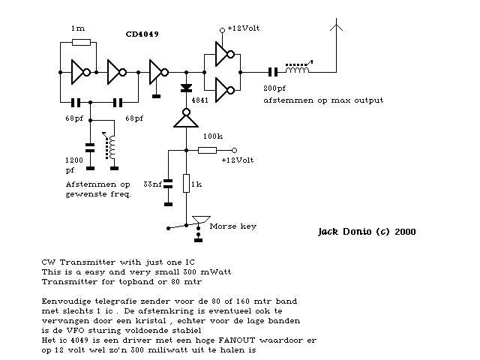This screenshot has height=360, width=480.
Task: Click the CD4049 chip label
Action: point(142,34)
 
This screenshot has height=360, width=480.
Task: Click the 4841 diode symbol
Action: point(186,88)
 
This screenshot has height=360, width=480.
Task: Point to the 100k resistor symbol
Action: point(208,150)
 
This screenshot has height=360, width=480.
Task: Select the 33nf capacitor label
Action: point(153,184)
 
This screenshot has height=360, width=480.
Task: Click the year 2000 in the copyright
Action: point(403,232)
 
